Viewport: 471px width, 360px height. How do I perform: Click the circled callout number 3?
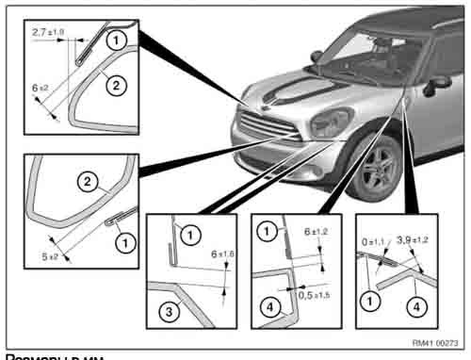click(x=166, y=312)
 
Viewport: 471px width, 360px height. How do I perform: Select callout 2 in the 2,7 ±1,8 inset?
click(x=113, y=85)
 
